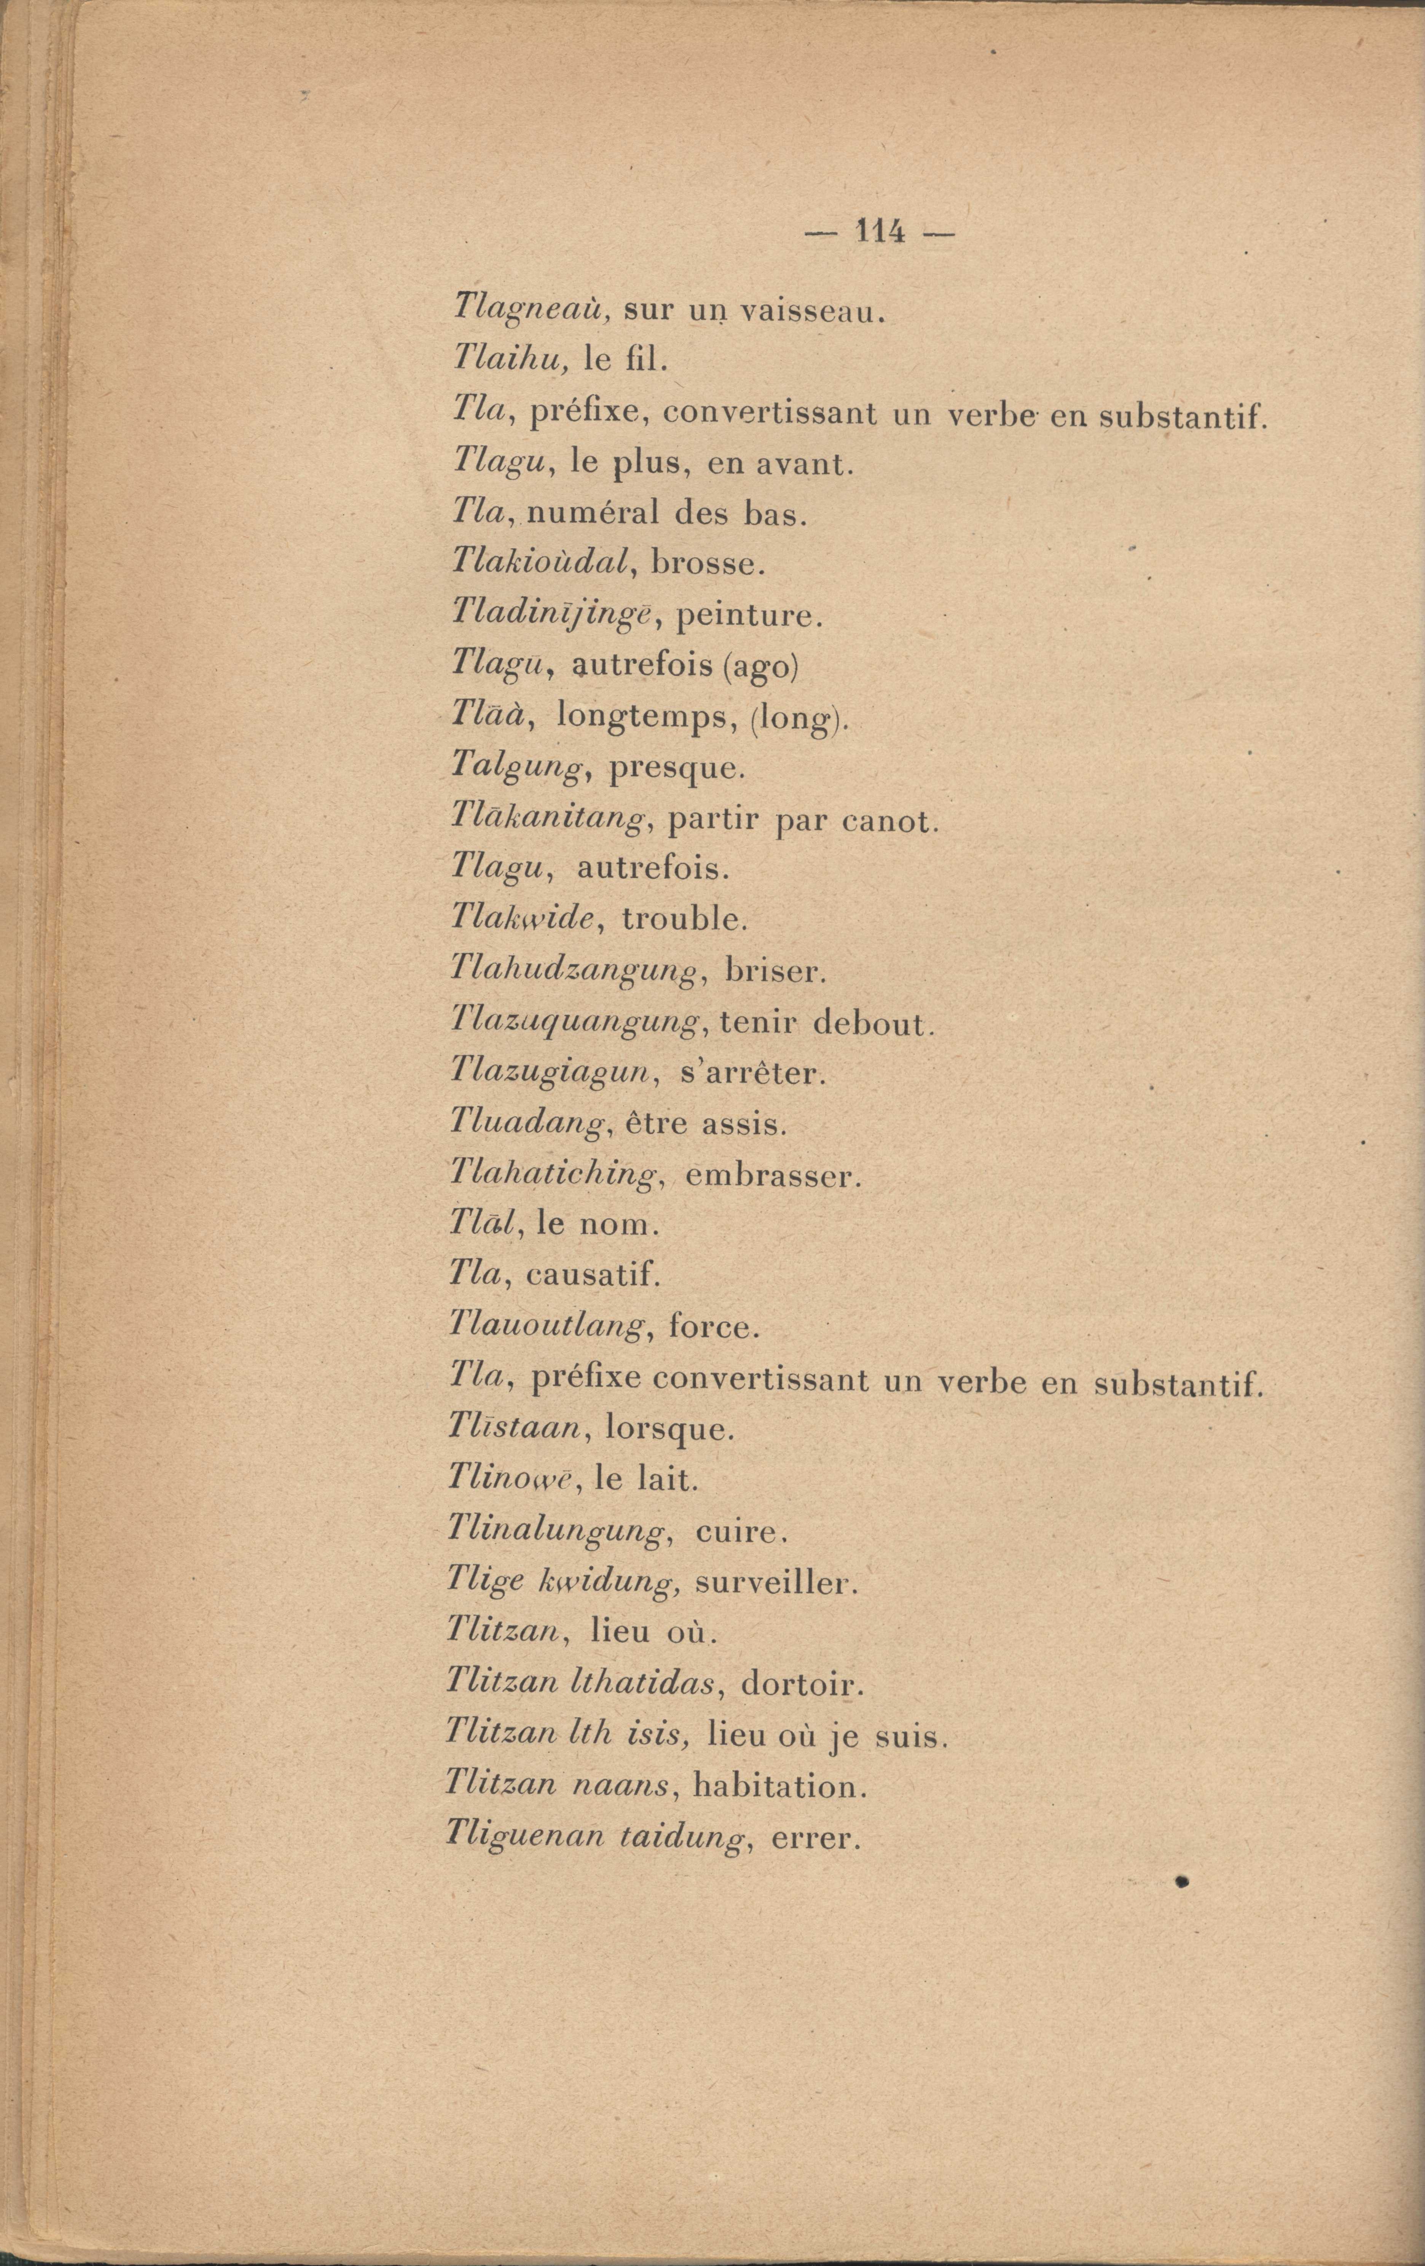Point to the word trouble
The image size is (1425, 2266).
tap(684, 919)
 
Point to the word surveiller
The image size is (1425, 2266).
tap(776, 1583)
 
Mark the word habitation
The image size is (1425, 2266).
tap(778, 1785)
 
